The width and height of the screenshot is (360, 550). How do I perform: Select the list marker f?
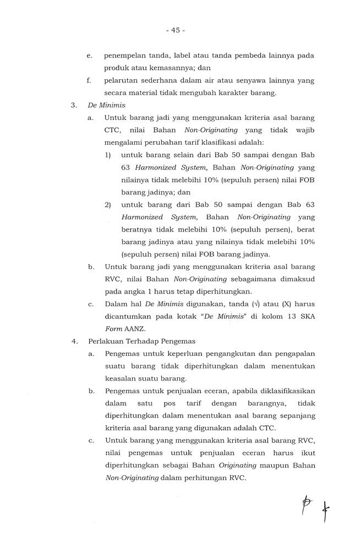coord(89,81)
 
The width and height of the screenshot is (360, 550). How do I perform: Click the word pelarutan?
coord(122,81)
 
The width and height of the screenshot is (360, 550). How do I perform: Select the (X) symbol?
coord(271,304)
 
